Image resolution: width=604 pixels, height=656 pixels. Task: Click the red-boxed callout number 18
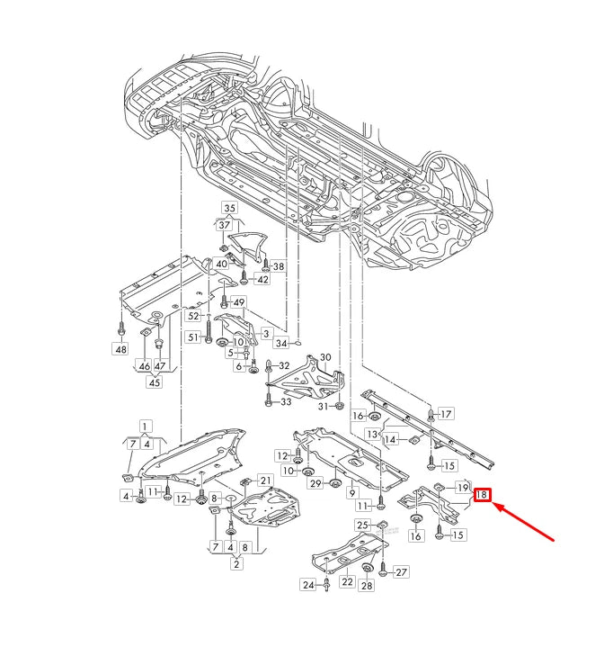(483, 494)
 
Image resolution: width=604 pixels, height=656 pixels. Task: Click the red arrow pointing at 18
(527, 521)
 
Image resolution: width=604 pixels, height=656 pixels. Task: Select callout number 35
(229, 209)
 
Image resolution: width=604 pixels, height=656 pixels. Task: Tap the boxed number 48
(120, 348)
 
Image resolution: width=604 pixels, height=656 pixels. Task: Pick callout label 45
(154, 382)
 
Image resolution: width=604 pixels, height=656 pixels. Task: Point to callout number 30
(325, 357)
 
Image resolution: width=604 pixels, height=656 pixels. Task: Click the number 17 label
(446, 414)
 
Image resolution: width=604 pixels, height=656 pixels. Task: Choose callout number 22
(347, 582)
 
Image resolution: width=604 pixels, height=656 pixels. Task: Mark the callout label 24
(308, 586)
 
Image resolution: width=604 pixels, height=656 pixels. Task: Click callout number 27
(401, 571)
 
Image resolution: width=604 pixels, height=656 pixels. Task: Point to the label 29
(315, 484)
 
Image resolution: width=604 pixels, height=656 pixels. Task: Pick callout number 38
(278, 266)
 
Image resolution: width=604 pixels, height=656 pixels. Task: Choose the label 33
(286, 401)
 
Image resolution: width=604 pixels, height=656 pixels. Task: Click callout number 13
(372, 434)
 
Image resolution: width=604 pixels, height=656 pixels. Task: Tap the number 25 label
(362, 525)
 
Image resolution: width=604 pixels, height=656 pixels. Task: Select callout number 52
(193, 316)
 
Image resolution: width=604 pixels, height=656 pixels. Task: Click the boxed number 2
(235, 564)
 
